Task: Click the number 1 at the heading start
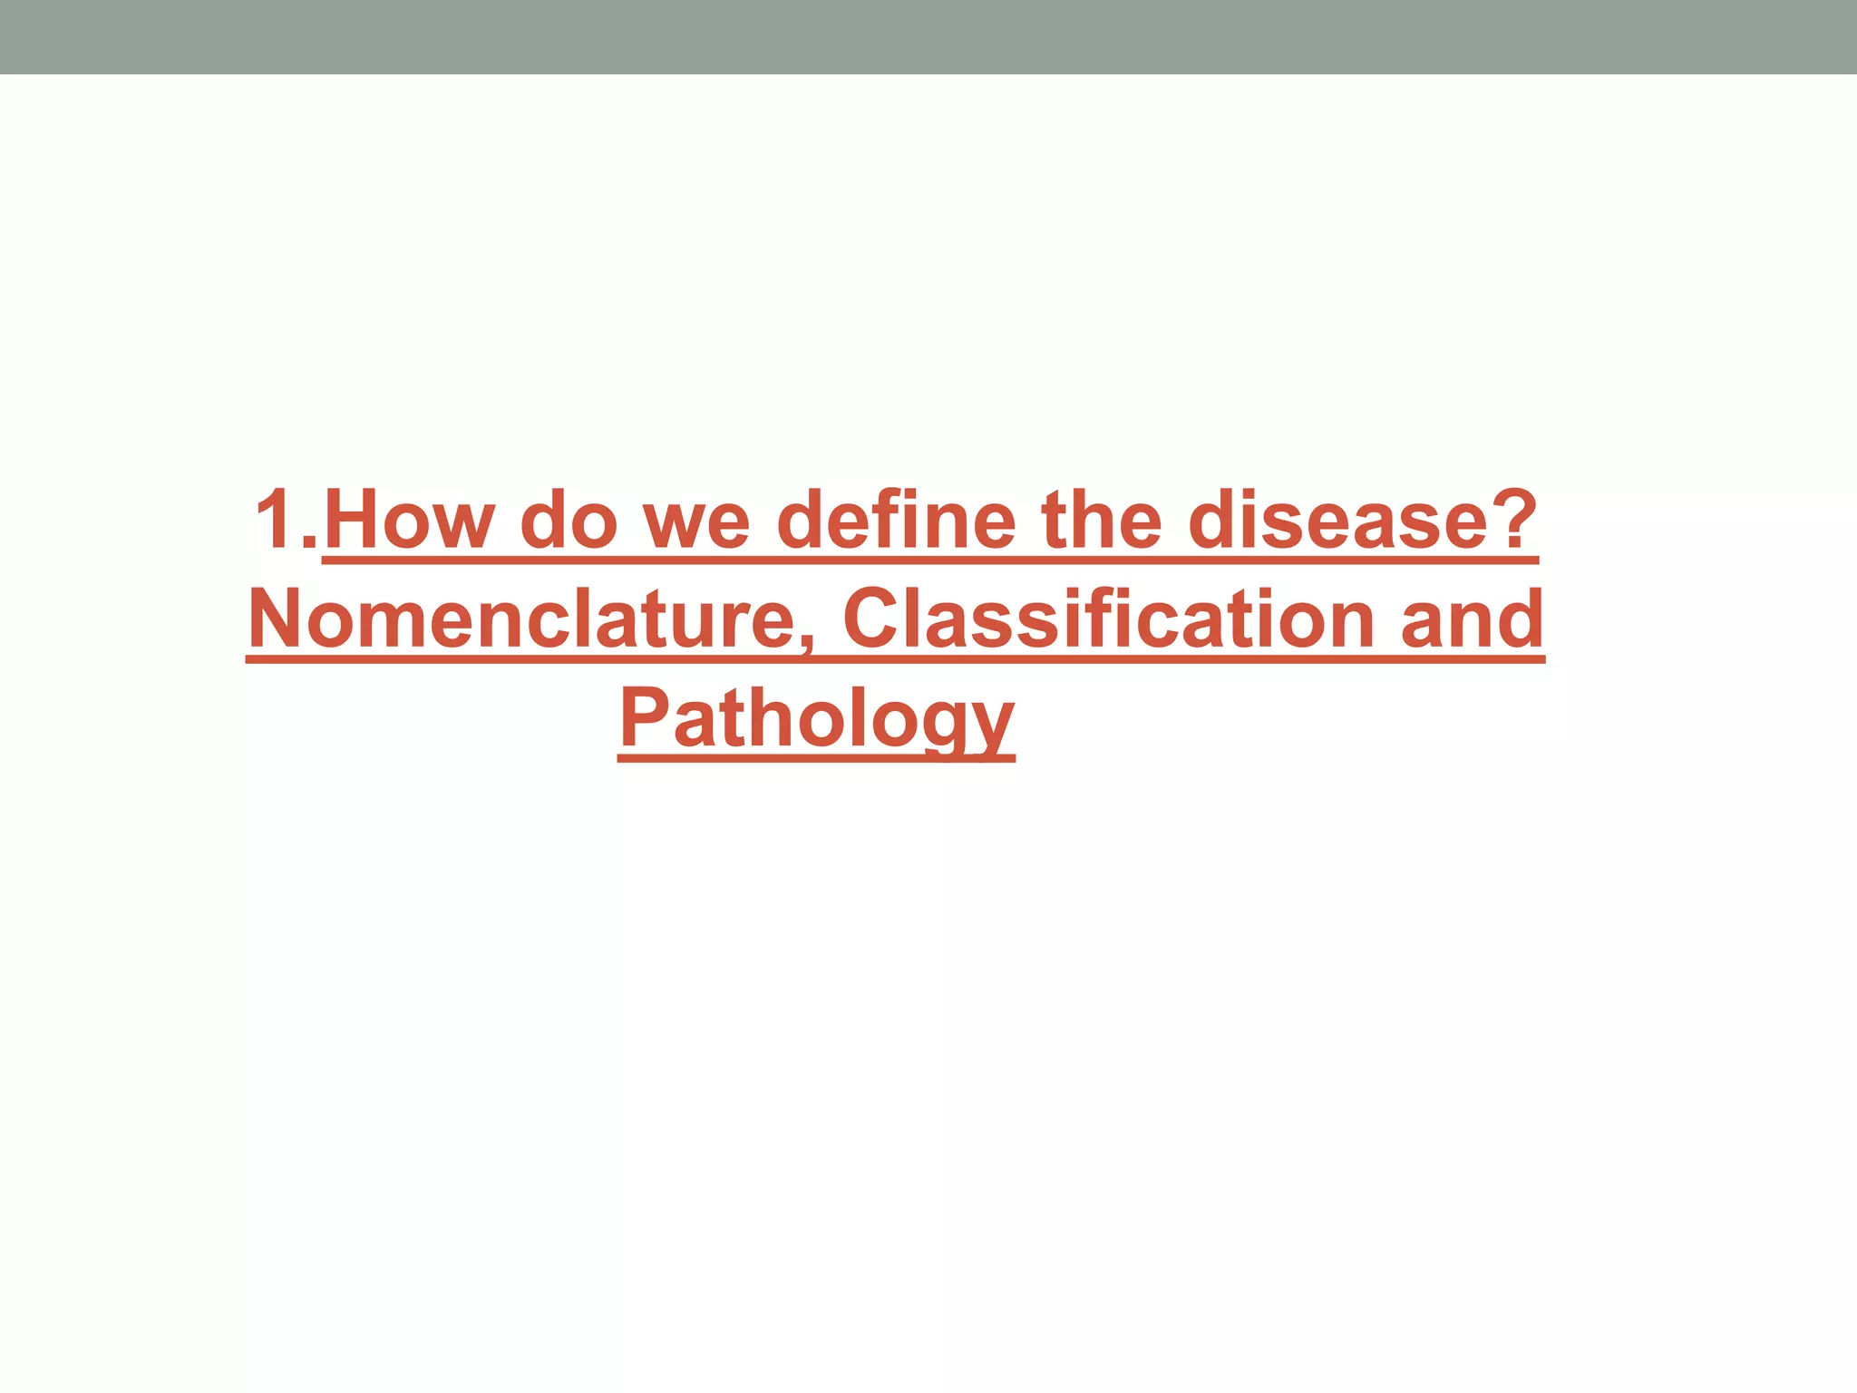tap(277, 520)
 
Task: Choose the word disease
tap(1337, 521)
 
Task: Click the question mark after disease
tap(1512, 520)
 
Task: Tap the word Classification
tap(1108, 619)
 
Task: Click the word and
tap(1472, 619)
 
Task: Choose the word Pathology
tap(816, 721)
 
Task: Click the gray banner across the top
tap(928, 36)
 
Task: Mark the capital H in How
tap(357, 520)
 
